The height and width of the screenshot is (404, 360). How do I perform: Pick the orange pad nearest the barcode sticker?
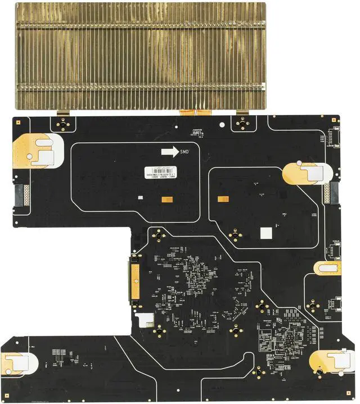click(166, 198)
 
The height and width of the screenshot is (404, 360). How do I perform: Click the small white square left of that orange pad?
click(139, 198)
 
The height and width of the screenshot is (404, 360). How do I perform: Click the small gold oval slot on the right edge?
click(327, 267)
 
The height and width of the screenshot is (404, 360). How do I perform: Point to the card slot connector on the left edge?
click(21, 195)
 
